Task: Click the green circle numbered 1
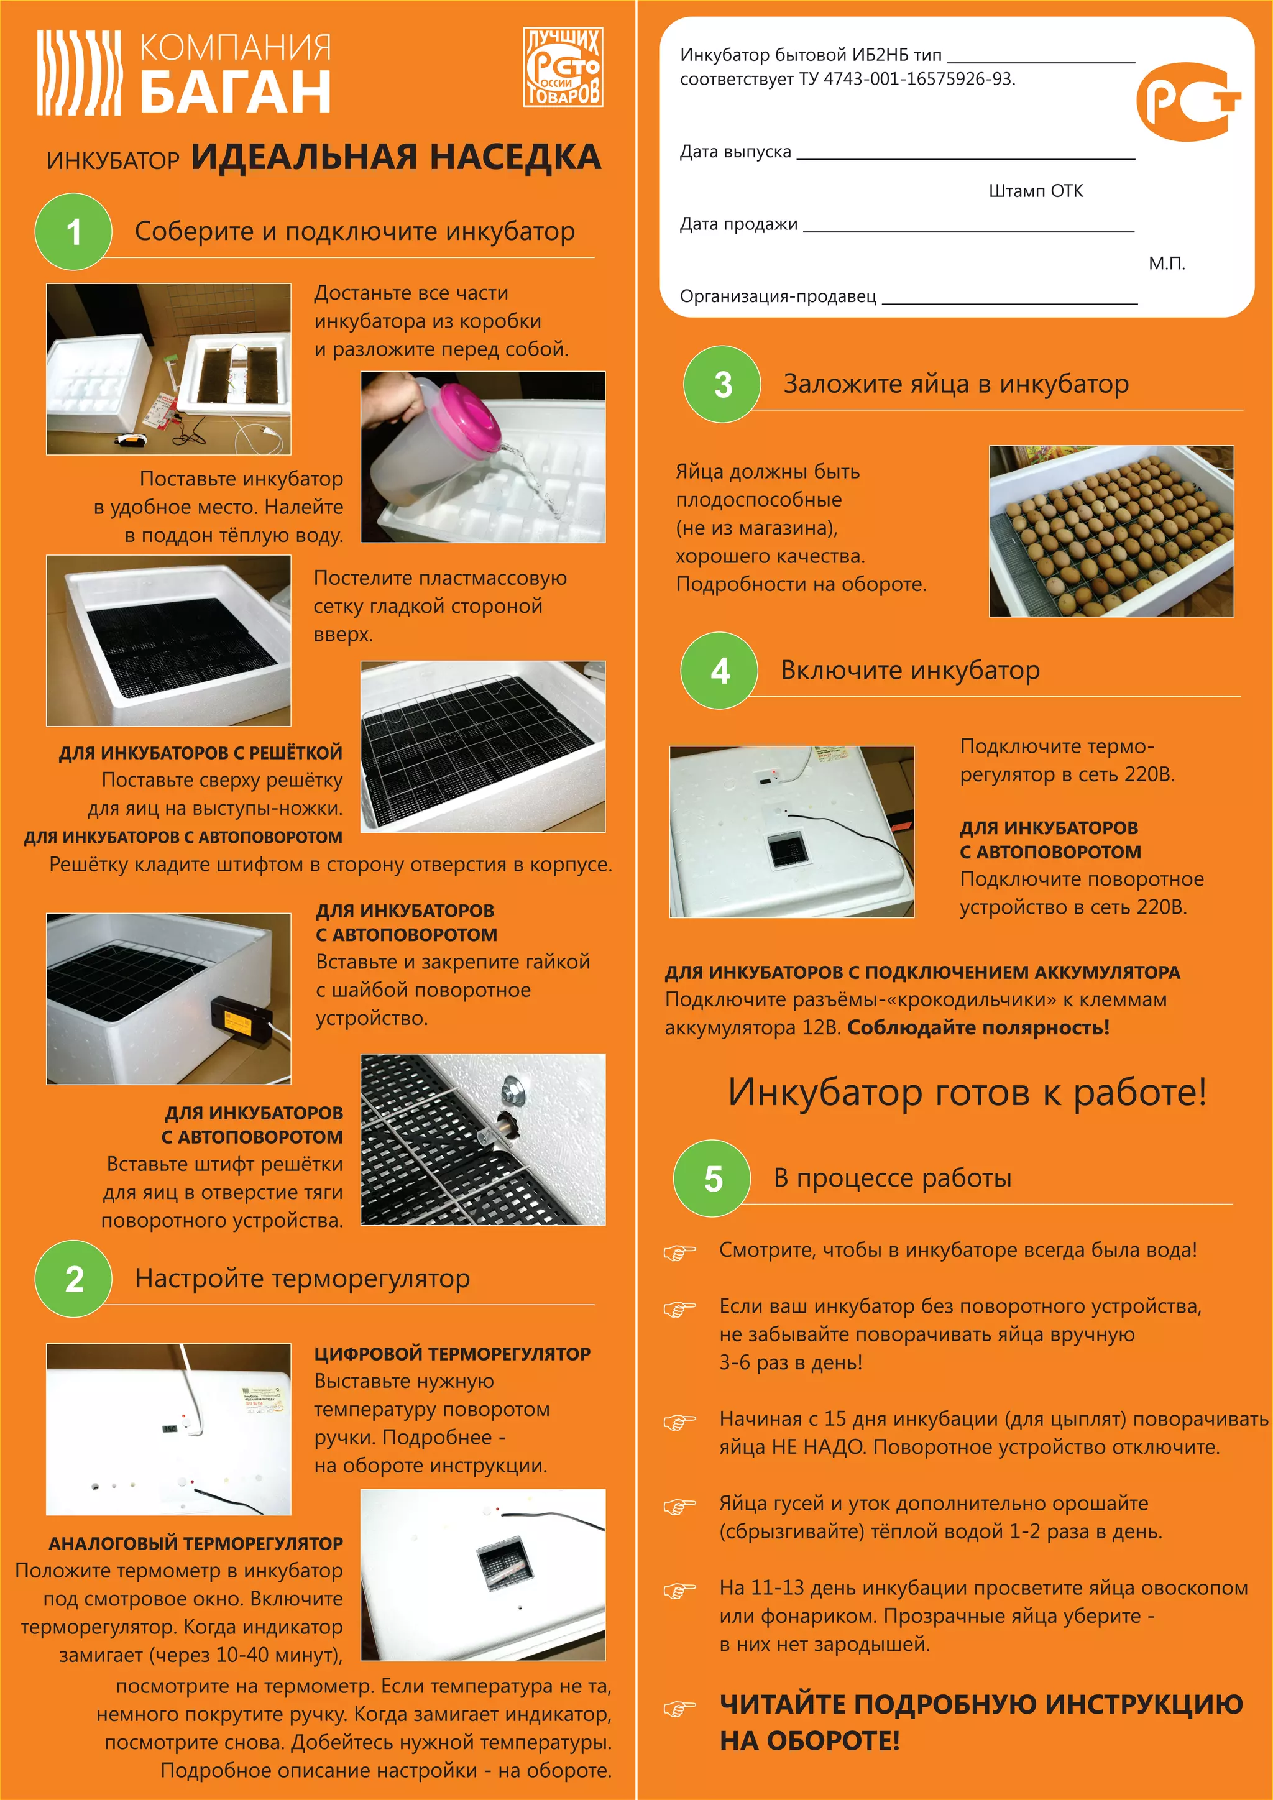click(74, 231)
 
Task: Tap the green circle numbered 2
click(74, 1279)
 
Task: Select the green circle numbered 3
click(722, 384)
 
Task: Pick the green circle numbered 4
click(720, 670)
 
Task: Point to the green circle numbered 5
click(712, 1178)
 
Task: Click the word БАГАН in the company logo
click(235, 92)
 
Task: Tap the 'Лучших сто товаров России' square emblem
click(563, 67)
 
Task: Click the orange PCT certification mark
click(1188, 102)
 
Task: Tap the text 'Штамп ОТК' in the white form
click(1036, 191)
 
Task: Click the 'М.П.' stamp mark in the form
click(1166, 264)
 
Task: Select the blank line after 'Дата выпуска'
click(966, 158)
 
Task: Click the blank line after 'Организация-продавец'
click(1009, 303)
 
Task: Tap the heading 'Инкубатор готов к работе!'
click(967, 1092)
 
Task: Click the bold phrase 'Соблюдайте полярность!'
click(978, 1027)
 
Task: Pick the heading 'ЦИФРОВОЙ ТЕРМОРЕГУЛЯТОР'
click(453, 1354)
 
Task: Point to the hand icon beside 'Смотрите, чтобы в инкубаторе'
click(679, 1252)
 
